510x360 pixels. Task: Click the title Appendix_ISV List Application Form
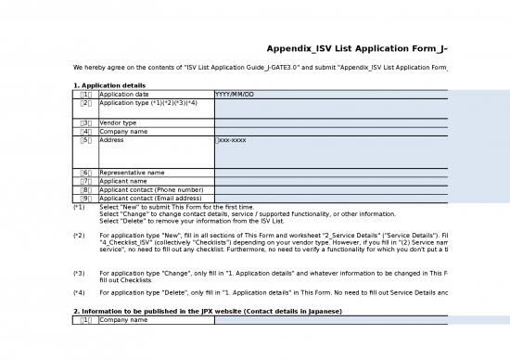click(357, 48)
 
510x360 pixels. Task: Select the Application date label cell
click(123, 95)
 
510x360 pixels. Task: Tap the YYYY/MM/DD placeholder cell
click(234, 95)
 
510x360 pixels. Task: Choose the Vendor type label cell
click(118, 122)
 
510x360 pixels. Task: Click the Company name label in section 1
click(123, 132)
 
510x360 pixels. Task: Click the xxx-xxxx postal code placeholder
click(231, 140)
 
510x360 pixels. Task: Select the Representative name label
click(132, 173)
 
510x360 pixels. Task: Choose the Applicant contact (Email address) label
click(150, 198)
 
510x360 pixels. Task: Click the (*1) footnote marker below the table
click(79, 207)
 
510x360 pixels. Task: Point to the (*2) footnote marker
click(79, 236)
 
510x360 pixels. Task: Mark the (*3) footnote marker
click(79, 274)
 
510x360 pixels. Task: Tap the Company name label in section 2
click(123, 320)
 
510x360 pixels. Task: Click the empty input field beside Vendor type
click(330, 122)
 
